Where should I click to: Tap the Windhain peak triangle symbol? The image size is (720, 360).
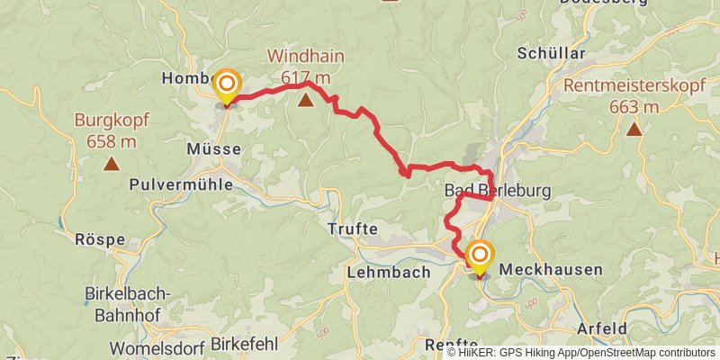tap(307, 100)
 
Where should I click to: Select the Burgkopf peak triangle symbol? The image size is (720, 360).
tap(112, 163)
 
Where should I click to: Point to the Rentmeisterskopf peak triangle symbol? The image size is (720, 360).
tap(634, 129)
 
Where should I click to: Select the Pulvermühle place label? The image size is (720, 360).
tap(181, 184)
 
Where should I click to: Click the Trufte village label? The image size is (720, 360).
tap(353, 229)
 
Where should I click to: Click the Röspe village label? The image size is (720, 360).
tap(100, 241)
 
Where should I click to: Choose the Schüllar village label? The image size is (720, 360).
tap(551, 54)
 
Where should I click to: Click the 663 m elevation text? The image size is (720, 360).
tap(634, 107)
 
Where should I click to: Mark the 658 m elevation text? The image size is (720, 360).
tap(112, 140)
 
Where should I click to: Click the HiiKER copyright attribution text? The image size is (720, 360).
tap(580, 353)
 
